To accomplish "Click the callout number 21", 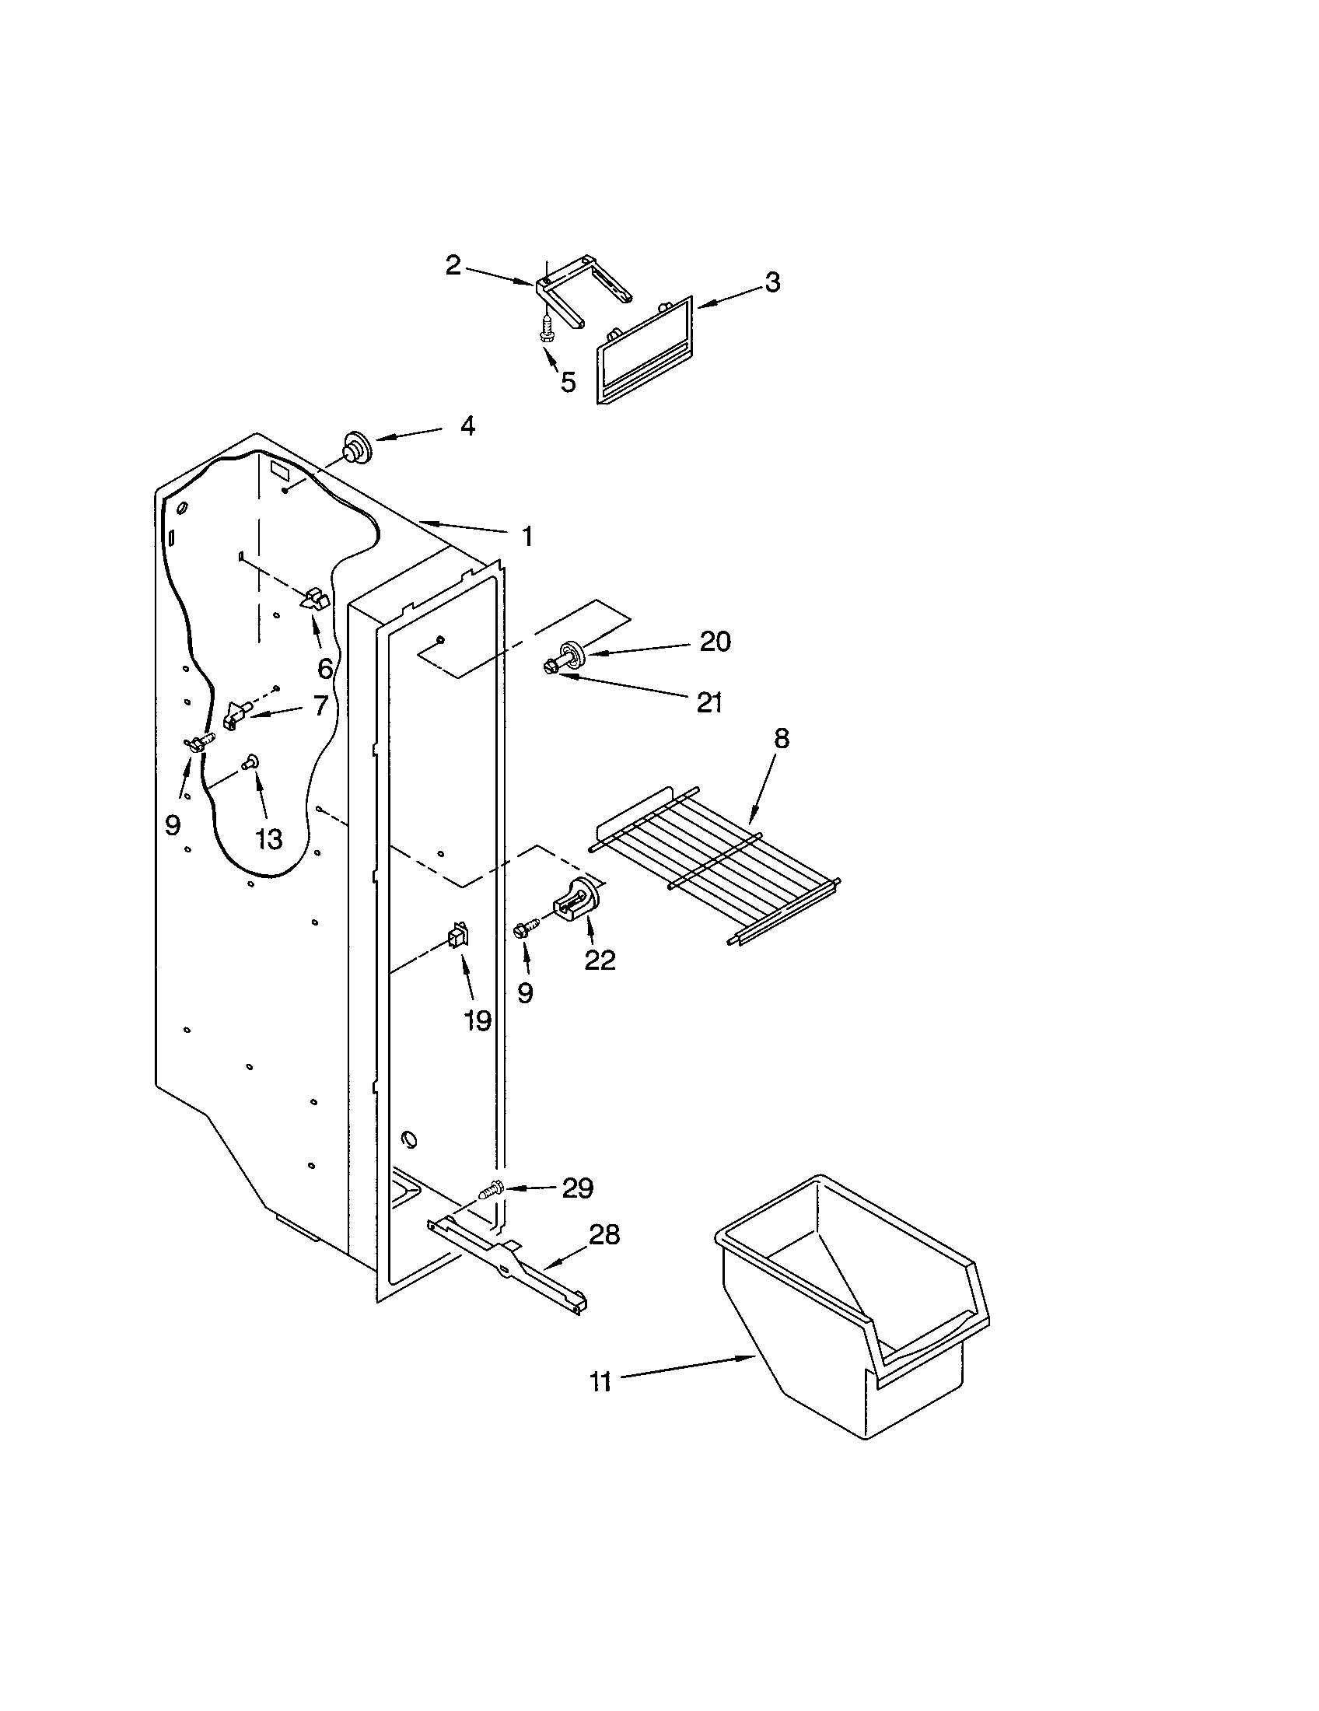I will (708, 703).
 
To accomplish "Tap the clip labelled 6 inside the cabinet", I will (316, 600).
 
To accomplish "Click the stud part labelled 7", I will (236, 715).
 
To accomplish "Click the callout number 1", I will (527, 537).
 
